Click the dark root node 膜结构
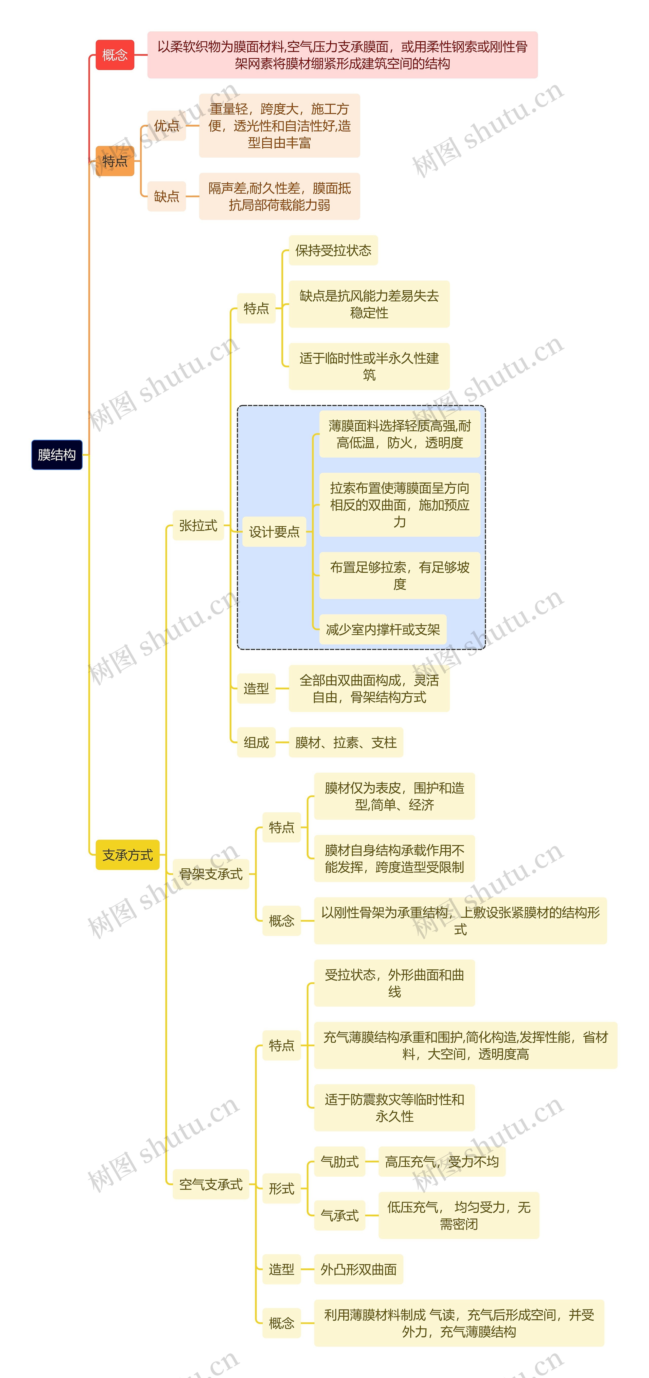57,455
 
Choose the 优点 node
166,126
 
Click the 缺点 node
166,196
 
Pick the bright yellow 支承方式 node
127,855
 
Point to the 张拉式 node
198,525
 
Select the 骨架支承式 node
211,874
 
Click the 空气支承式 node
211,1184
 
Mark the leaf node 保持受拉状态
333,250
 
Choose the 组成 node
256,743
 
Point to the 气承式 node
339,1215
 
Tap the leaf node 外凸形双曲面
358,1269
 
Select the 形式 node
281,1189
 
